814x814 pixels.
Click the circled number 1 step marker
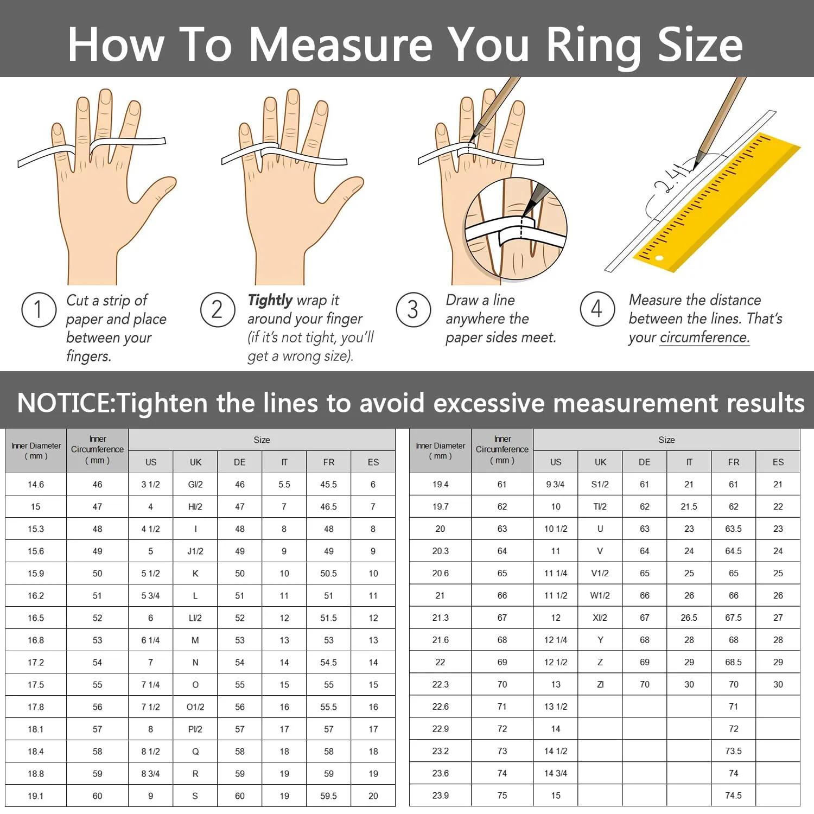(39, 310)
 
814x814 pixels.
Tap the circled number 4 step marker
(597, 309)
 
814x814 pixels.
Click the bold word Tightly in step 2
(270, 300)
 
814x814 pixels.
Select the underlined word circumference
(704, 338)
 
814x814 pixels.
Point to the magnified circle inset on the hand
(516, 229)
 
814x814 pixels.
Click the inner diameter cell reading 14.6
(36, 485)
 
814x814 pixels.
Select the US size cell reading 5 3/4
(150, 596)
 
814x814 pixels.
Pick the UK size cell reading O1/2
(195, 707)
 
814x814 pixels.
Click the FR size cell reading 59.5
(328, 796)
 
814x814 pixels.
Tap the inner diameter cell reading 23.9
(440, 796)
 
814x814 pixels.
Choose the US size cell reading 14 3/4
(556, 773)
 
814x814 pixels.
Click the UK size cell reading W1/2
(600, 595)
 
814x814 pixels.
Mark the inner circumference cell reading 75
(502, 796)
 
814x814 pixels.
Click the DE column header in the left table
(239, 462)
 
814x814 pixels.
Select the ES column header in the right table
(778, 462)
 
